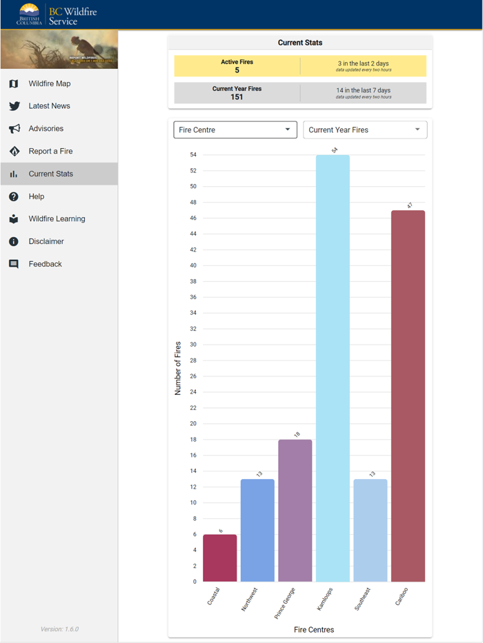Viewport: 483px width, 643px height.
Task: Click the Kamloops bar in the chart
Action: pos(333,369)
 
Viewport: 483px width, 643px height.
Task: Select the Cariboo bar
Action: pos(408,396)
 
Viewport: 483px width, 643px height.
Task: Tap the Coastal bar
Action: pos(219,558)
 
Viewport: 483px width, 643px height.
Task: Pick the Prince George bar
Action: pos(295,511)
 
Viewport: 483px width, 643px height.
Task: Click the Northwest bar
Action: pos(257,530)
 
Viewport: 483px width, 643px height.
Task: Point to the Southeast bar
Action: pos(370,530)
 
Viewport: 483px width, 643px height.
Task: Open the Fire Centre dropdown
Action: pos(235,130)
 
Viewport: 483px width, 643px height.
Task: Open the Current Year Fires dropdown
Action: pos(364,130)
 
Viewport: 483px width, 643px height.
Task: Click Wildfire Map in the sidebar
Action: pos(49,84)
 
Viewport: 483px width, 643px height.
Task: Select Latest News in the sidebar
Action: pos(49,106)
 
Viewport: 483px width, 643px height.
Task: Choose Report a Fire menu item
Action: pos(50,152)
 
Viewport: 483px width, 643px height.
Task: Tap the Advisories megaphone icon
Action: pos(14,129)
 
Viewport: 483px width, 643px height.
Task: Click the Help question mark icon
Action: pos(14,197)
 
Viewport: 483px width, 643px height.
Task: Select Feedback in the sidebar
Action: pos(45,265)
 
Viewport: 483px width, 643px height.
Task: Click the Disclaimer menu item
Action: pos(46,242)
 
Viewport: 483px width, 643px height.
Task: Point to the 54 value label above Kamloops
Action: pos(334,150)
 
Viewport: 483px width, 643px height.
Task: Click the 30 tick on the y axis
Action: pos(193,345)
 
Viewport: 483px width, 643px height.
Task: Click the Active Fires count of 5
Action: pos(237,70)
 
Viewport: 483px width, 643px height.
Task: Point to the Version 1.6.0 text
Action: pos(59,629)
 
